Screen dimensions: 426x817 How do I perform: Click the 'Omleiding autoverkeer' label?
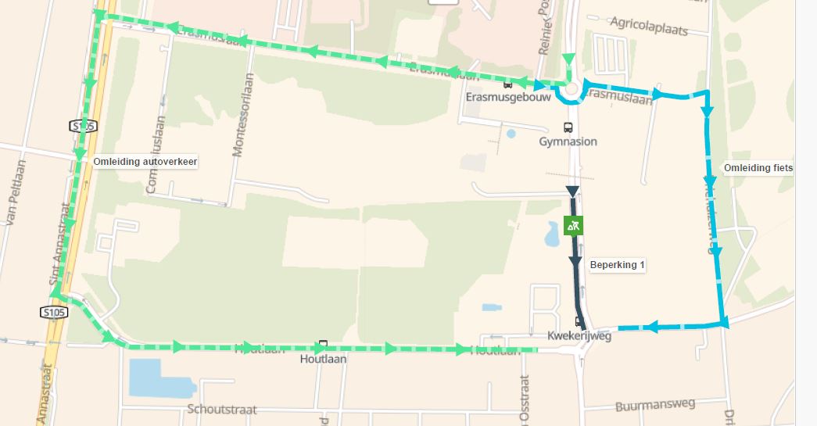click(x=145, y=162)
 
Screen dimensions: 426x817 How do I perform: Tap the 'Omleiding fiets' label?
click(x=758, y=168)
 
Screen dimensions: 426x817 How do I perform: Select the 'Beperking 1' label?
click(x=618, y=265)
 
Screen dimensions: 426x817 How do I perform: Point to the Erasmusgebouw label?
click(x=509, y=98)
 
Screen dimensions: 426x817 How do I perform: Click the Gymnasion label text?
click(x=568, y=141)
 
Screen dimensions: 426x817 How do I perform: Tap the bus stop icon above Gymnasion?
click(x=568, y=127)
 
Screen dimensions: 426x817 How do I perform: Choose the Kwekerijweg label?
click(x=579, y=337)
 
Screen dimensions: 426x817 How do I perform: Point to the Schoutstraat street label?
click(x=222, y=410)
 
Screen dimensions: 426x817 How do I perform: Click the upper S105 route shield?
click(x=82, y=126)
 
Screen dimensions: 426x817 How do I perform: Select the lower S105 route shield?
click(x=54, y=313)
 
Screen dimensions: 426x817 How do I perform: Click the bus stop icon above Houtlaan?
click(x=323, y=344)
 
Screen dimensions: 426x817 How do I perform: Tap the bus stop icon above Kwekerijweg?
click(x=579, y=321)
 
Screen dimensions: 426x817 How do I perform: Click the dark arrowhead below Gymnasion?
click(x=572, y=192)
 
